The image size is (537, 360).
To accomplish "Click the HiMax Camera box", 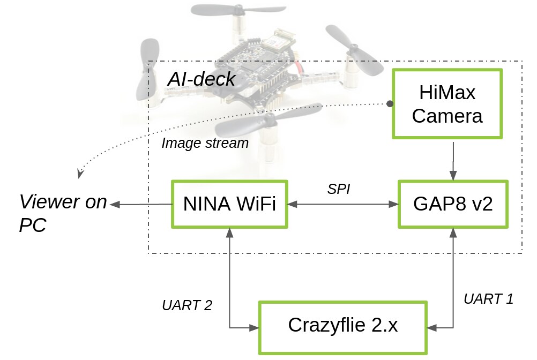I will click(x=447, y=104).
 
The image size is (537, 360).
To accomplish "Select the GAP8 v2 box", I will click(x=453, y=204).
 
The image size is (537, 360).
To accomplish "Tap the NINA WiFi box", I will click(x=229, y=204).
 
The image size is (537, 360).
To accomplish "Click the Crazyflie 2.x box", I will click(x=343, y=326).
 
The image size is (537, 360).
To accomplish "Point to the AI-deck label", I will click(x=202, y=79).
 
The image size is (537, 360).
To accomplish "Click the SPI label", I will click(x=338, y=189).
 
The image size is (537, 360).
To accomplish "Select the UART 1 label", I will click(x=488, y=299).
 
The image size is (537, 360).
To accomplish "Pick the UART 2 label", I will click(x=187, y=305).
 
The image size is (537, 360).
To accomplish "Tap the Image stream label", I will click(x=205, y=144).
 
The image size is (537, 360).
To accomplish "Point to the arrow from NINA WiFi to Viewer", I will click(x=140, y=204).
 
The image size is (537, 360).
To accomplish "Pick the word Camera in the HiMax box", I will click(x=447, y=116).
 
